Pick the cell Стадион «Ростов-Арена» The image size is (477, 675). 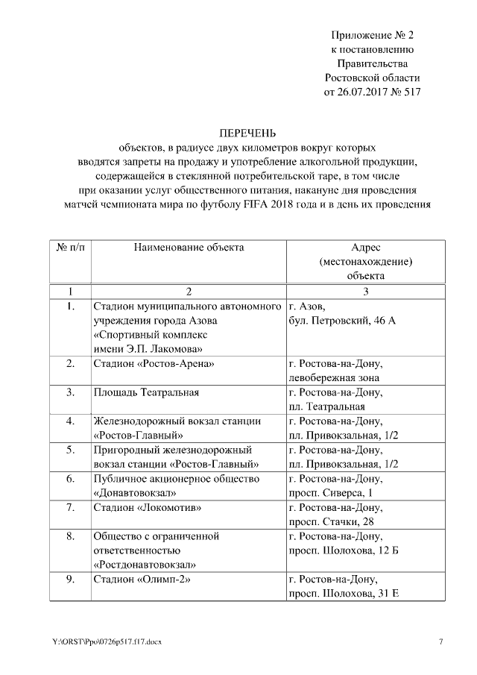pos(154,364)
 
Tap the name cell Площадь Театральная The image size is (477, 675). pos(146,392)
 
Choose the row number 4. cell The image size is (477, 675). pos(69,421)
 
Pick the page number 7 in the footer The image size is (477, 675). pos(440,642)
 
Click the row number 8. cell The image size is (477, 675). pos(69,536)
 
